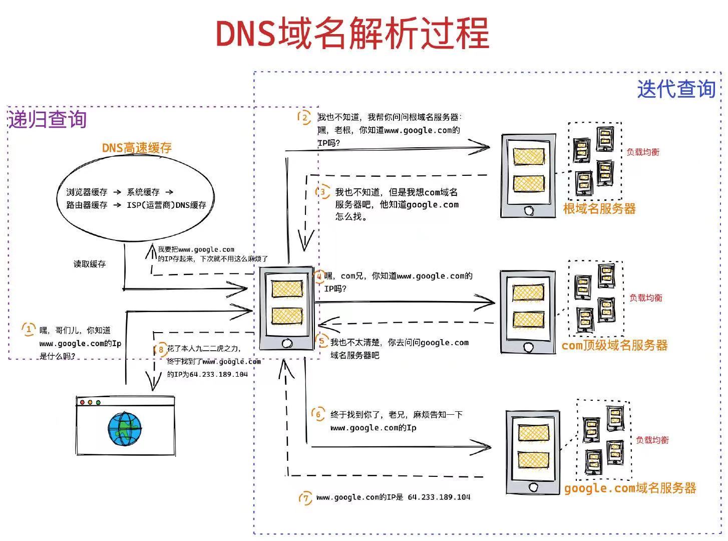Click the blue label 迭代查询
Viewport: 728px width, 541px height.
[x=676, y=90]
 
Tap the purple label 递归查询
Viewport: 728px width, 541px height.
[x=47, y=120]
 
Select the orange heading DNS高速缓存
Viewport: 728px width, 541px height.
[x=137, y=148]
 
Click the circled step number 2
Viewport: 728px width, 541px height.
[x=304, y=118]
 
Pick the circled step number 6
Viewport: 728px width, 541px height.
[x=318, y=414]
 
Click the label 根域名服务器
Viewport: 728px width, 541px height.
[x=599, y=209]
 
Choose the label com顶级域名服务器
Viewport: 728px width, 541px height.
[x=614, y=345]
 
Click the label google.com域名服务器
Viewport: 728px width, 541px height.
[x=630, y=488]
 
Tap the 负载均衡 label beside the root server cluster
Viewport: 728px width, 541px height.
[x=643, y=152]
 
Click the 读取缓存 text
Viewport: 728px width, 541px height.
[x=90, y=264]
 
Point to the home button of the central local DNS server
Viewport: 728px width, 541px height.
[x=287, y=344]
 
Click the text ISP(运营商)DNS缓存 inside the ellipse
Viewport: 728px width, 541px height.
[x=166, y=205]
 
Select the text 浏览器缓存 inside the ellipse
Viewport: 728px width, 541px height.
[x=87, y=192]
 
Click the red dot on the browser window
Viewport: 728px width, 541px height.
[x=83, y=402]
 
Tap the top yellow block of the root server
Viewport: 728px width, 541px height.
[x=528, y=156]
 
